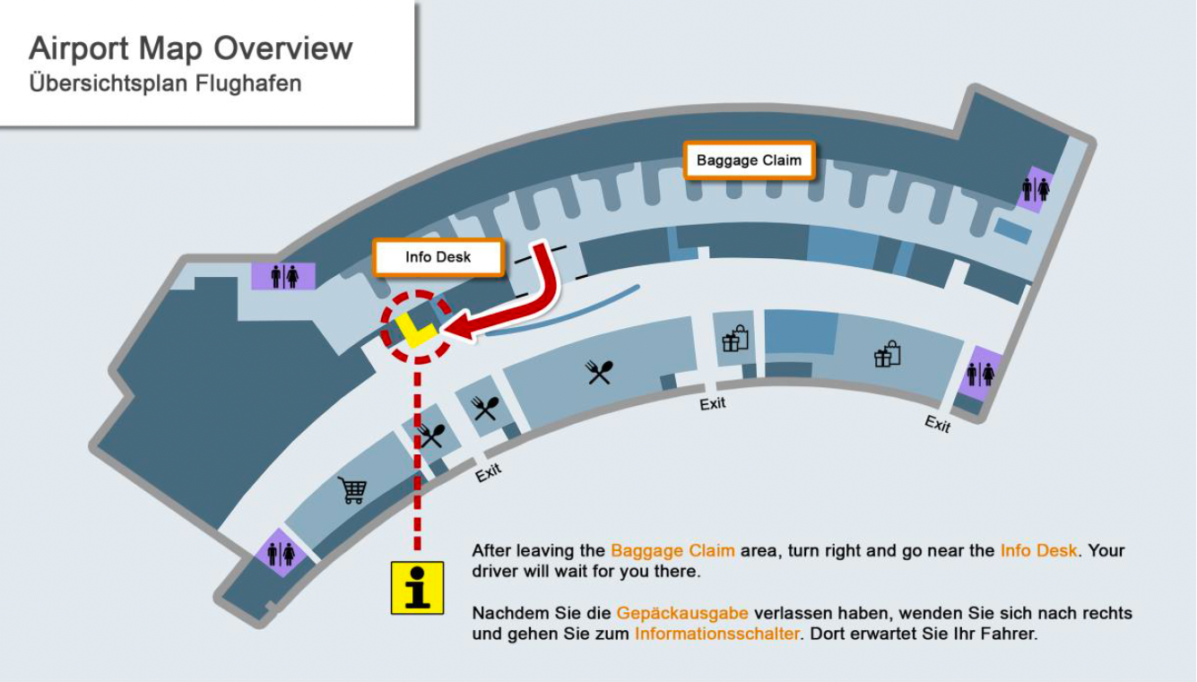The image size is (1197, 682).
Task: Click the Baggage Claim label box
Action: point(750,160)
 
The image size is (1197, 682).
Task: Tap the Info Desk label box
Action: point(438,257)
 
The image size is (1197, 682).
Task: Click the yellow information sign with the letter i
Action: point(417,588)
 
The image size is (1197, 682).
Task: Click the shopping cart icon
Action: point(352,489)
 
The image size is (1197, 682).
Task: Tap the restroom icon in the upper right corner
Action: point(1036,190)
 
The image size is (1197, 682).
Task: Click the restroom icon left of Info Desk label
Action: point(284,277)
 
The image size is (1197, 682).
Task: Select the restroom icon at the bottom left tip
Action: point(281,554)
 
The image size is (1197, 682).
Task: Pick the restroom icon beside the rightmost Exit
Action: point(981,374)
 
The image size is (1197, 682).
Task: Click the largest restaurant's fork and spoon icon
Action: point(599,372)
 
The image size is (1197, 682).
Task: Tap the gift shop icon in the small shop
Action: point(736,339)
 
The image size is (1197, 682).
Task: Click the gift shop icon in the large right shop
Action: point(888,354)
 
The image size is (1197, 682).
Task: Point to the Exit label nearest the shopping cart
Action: point(489,472)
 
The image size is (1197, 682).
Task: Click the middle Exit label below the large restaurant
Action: point(713,404)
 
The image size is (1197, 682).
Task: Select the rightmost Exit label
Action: point(938,424)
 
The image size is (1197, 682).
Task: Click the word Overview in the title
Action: point(283,48)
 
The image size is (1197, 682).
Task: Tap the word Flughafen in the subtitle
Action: point(248,83)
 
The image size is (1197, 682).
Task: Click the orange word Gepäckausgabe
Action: point(682,613)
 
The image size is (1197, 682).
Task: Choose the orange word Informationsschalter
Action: point(717,634)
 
